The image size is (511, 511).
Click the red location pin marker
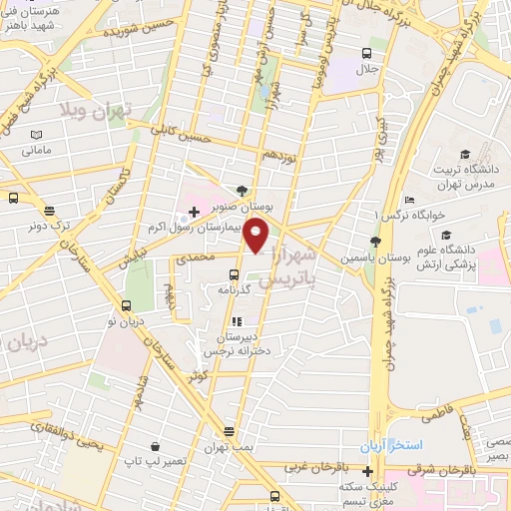(256, 236)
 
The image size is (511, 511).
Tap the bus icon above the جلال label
(366, 53)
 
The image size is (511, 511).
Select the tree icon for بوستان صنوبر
(243, 190)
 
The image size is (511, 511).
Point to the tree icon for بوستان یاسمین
(375, 241)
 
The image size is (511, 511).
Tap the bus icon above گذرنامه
(235, 274)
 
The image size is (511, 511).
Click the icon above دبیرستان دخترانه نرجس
(237, 321)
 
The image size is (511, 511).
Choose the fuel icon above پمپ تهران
(229, 431)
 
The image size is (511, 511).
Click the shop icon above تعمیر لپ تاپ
(155, 447)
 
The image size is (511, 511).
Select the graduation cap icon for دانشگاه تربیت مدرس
(464, 153)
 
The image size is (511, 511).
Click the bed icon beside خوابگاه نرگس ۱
(411, 202)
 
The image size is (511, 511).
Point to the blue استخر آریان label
(393, 442)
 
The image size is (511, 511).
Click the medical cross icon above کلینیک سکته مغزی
(368, 471)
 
